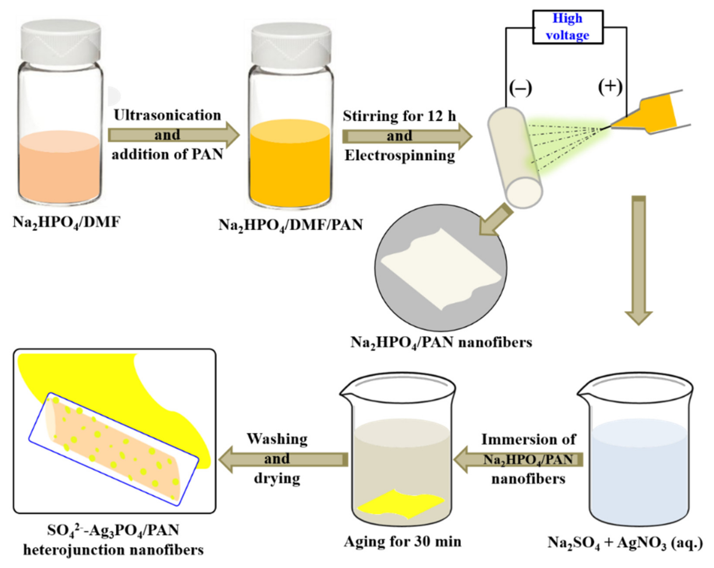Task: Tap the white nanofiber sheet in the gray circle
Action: [x=441, y=268]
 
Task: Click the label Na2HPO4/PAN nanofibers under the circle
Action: [x=441, y=342]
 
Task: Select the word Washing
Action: [x=277, y=439]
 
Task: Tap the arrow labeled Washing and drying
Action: [x=283, y=459]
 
